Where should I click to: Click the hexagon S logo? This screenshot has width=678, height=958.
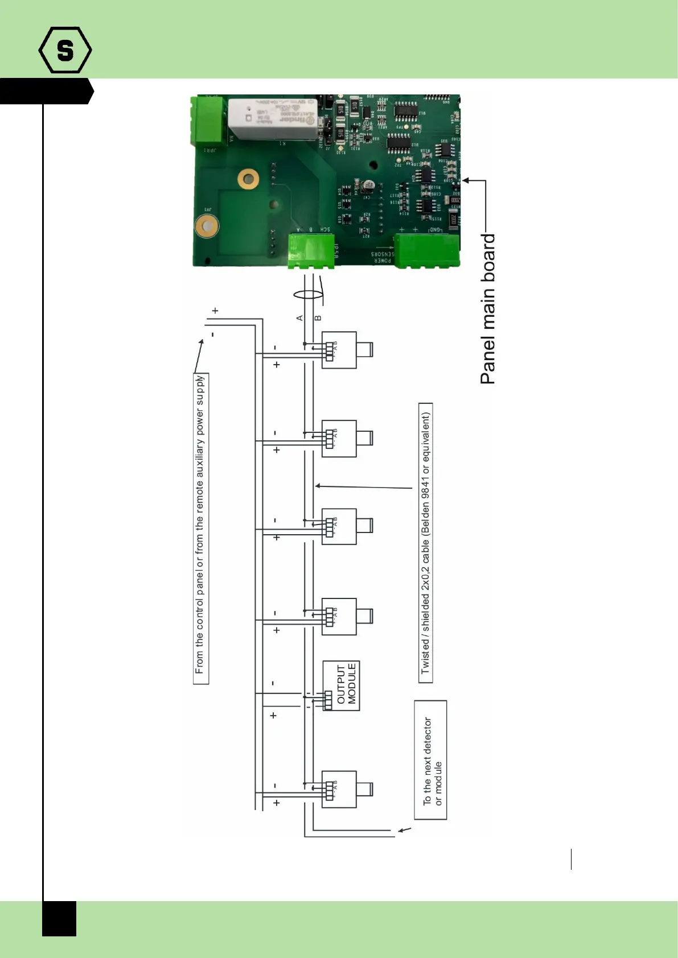[65, 50]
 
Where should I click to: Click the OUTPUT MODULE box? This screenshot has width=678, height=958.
[342, 685]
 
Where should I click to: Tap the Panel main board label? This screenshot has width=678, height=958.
[488, 309]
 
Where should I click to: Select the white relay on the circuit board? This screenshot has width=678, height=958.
[273, 119]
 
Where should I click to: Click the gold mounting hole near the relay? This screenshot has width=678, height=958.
[248, 179]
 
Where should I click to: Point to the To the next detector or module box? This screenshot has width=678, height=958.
[431, 760]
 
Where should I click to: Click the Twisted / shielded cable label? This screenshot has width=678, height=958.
[426, 543]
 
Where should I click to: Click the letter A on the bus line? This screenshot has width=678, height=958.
[300, 318]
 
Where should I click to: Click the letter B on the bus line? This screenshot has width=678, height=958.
[318, 318]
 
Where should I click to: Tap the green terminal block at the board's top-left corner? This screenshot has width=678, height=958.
[208, 121]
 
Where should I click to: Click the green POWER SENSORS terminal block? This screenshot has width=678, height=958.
[426, 250]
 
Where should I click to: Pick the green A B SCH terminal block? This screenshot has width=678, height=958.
[311, 251]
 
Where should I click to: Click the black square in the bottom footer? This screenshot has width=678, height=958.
[59, 918]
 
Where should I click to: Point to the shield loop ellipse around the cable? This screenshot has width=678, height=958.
[308, 295]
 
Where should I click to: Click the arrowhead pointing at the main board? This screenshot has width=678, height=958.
[466, 180]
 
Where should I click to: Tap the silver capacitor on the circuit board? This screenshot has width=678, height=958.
[368, 186]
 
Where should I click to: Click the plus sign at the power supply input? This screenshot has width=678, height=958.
[215, 311]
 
